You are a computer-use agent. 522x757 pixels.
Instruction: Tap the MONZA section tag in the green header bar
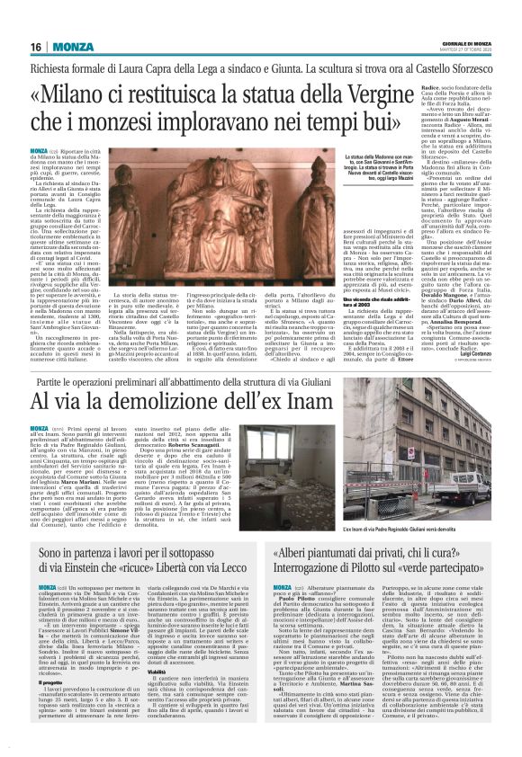(x=73, y=47)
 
